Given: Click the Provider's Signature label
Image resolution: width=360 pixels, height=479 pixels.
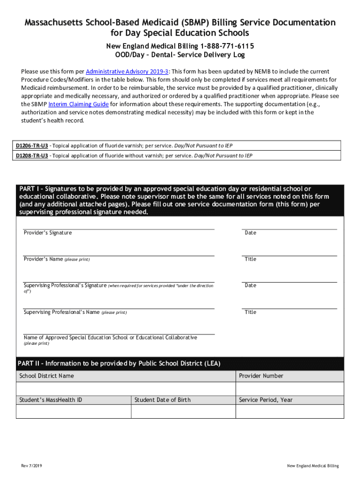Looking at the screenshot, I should point(48,233).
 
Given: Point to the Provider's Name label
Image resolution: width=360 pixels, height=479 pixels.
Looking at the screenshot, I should point(43,259).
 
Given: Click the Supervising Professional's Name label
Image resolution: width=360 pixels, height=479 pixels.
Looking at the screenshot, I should point(61,312).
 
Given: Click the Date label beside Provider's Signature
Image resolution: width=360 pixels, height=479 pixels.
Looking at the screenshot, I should point(251,233).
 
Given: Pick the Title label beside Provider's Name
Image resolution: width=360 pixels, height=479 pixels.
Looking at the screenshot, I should point(251,259).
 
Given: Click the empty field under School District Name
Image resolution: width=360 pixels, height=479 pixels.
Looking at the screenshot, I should point(126,389).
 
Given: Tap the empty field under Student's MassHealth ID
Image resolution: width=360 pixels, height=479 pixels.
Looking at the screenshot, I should point(73,411).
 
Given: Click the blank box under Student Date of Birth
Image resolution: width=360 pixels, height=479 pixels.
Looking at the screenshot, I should point(183,411).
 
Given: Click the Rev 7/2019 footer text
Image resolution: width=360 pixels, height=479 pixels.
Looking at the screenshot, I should point(31,466).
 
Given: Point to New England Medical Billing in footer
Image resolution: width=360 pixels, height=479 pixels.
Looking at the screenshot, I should point(313,466).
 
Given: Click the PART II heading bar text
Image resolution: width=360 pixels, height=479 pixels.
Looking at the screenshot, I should point(119,363).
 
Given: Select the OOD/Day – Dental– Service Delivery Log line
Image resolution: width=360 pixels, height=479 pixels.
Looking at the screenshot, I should point(180,55).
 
